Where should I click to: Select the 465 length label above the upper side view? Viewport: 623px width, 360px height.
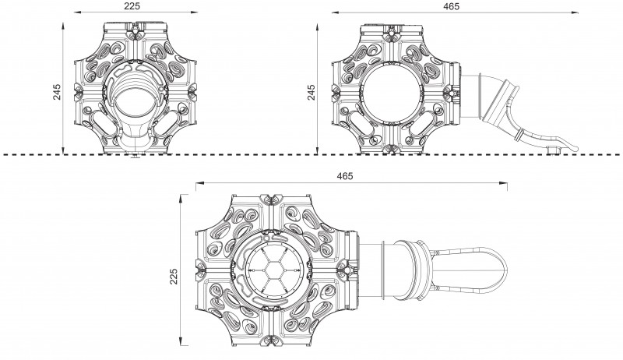(x=449, y=5)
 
